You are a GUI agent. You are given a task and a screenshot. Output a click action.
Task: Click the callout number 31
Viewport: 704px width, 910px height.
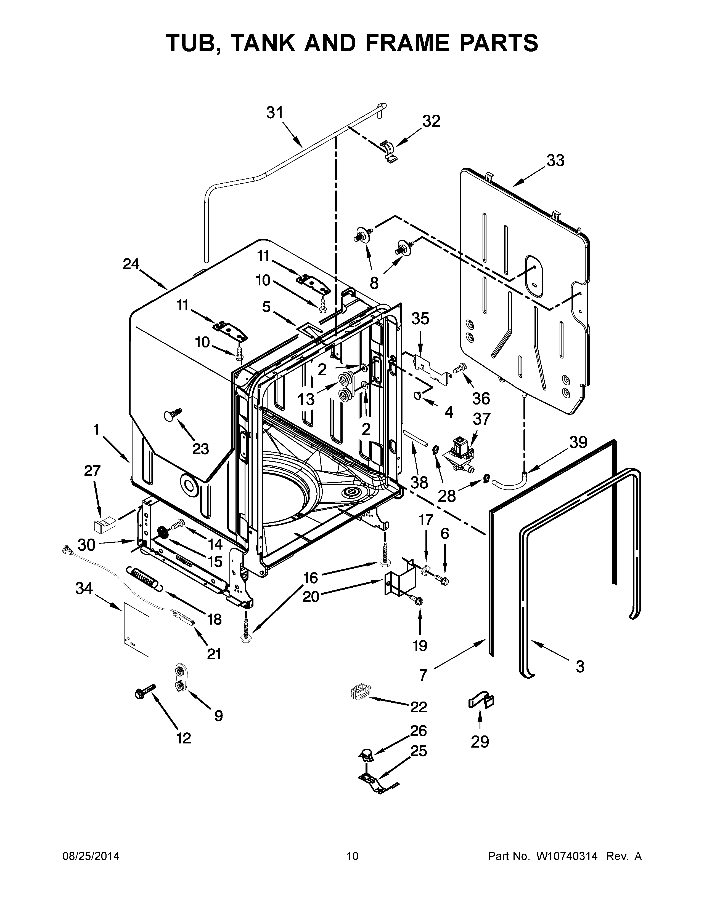pos(275,113)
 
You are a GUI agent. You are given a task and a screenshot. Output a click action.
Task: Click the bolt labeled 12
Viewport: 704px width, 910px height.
pos(144,692)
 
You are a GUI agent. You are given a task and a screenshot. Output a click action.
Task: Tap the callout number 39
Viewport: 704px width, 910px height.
pos(578,442)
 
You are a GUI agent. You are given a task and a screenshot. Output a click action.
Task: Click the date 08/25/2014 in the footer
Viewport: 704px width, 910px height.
pos(91,856)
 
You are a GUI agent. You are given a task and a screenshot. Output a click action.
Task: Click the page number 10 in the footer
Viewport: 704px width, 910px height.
pos(352,856)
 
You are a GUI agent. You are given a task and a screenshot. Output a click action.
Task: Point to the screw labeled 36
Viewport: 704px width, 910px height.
pos(459,368)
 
